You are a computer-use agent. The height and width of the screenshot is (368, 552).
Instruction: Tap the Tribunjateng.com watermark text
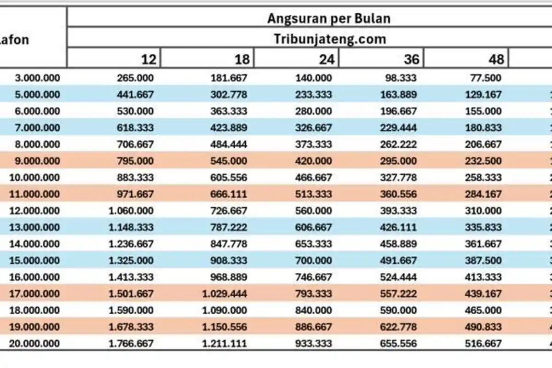[x=330, y=39]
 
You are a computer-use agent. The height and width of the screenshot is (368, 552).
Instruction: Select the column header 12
[x=148, y=59]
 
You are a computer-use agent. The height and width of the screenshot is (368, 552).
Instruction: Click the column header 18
[x=241, y=59]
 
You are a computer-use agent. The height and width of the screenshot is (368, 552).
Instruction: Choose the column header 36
[x=411, y=59]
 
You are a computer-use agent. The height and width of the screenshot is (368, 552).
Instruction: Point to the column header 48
[x=495, y=59]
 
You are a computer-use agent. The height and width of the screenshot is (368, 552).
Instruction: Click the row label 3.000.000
[x=37, y=78]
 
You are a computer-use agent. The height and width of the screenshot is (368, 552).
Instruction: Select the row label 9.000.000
[x=37, y=161]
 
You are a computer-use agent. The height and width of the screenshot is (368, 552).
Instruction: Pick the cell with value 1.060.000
[x=131, y=211]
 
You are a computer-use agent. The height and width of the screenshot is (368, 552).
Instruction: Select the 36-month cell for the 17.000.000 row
[x=398, y=293]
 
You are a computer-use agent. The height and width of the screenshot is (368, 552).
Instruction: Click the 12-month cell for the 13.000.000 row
[x=131, y=227]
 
